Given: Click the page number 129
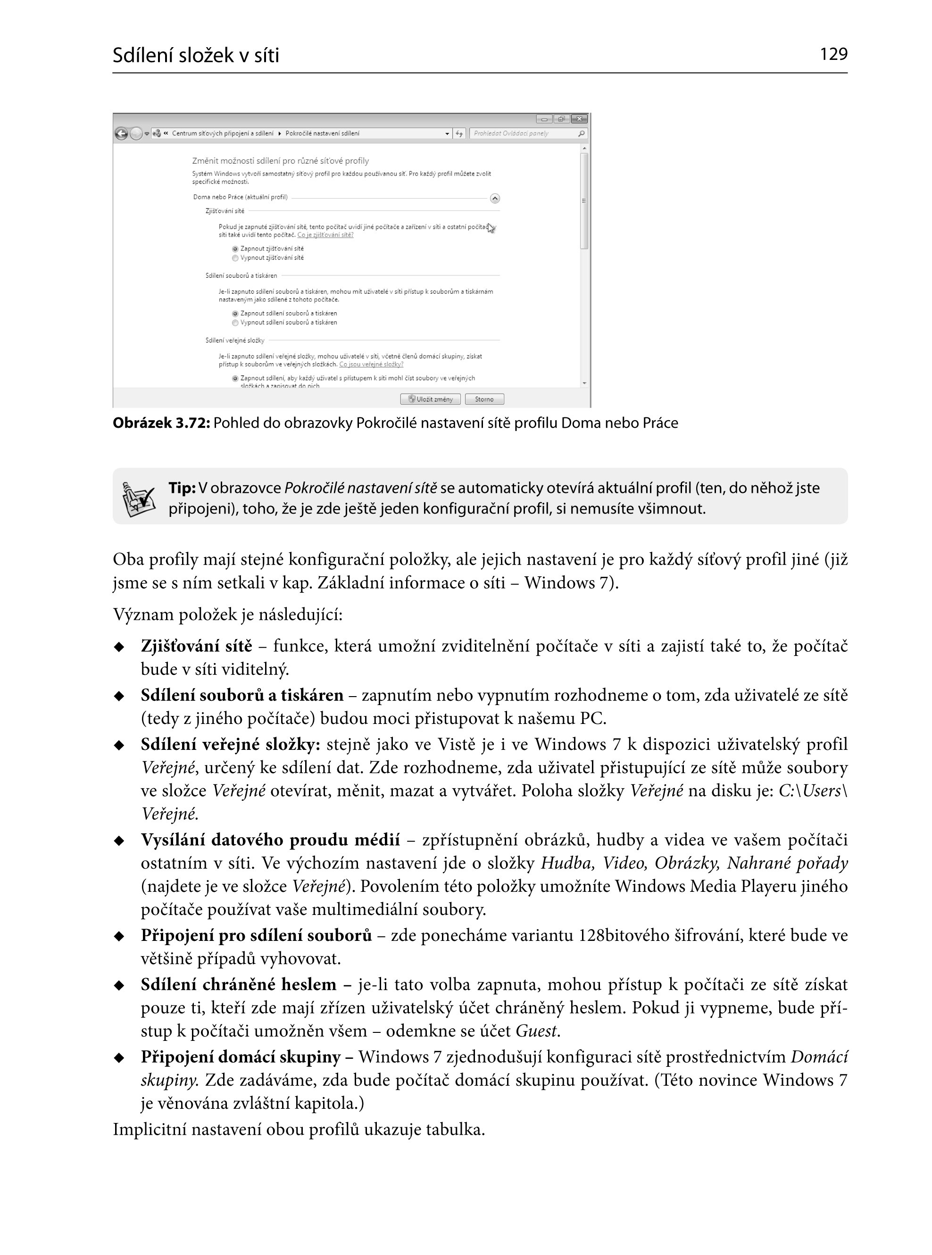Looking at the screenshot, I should tap(833, 54).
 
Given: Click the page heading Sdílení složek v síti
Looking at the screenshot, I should tap(196, 55).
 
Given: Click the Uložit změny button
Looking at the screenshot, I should tap(431, 399).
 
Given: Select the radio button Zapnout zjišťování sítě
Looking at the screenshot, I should tap(235, 249).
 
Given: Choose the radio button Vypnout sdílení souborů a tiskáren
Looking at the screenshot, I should tap(235, 323).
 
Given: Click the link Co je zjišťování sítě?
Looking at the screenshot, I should tap(325, 235).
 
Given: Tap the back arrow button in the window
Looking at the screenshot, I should tap(121, 133).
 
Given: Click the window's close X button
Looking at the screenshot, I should tap(579, 119).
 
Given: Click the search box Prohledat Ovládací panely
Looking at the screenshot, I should tap(524, 133).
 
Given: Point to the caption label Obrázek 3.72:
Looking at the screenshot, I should tap(161, 424).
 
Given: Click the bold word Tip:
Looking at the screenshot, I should tap(182, 488).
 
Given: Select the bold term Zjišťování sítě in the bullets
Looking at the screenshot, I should tap(196, 646).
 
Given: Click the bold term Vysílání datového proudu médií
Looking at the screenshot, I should tap(270, 840).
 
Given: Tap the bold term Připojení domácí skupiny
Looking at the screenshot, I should tap(241, 1056).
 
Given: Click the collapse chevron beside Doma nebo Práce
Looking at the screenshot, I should tap(495, 198).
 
